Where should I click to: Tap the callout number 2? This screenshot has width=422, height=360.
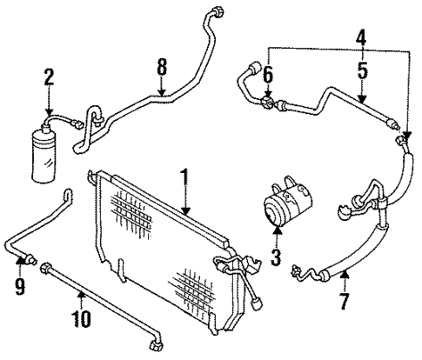[x=49, y=77]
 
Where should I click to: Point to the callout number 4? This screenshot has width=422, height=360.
[x=361, y=39]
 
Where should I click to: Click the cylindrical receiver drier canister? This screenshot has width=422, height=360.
[x=43, y=154]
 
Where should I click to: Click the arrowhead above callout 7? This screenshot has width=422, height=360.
[x=345, y=277]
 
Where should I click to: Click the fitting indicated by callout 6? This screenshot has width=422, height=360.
[x=268, y=103]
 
